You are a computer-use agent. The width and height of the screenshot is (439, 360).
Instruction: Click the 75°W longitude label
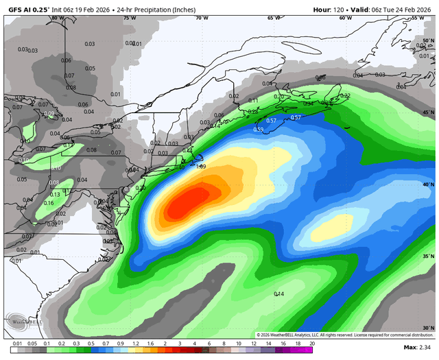click(x=128, y=18)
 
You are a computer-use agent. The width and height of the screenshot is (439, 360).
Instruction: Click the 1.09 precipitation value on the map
click(x=201, y=166)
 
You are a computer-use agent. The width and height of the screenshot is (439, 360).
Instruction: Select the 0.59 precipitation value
click(x=259, y=130)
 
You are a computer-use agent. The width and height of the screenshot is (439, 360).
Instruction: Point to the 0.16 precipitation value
click(x=49, y=203)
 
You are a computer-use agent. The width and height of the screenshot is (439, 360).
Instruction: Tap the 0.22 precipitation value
click(x=345, y=96)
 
